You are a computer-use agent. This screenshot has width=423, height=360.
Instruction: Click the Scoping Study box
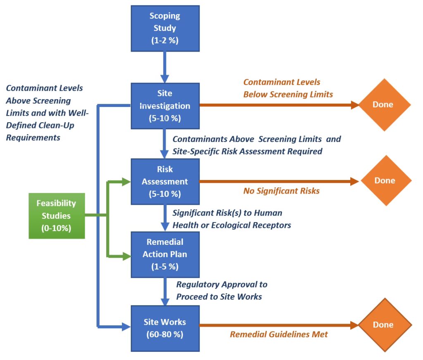click(x=165, y=28)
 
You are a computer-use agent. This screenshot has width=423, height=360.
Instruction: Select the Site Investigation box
click(x=165, y=106)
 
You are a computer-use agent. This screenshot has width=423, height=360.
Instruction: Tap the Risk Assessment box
click(x=165, y=181)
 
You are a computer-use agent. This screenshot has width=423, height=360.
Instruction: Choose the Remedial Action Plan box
click(x=165, y=254)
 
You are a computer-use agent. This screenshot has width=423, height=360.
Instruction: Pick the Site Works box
click(x=165, y=328)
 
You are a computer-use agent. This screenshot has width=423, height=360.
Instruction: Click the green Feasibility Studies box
click(x=57, y=216)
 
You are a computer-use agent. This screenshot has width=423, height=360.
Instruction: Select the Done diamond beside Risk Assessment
click(x=386, y=181)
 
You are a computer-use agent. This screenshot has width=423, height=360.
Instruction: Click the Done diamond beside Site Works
click(x=385, y=325)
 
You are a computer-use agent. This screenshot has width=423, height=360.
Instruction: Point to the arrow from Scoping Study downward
click(x=165, y=66)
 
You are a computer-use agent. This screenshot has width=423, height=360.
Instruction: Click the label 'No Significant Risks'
click(x=281, y=191)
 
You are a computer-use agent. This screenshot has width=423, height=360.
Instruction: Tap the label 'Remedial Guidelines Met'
click(x=279, y=334)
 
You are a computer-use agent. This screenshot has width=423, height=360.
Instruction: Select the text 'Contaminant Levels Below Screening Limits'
click(x=288, y=88)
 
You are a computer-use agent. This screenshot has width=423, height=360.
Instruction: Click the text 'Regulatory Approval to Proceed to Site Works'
click(x=221, y=290)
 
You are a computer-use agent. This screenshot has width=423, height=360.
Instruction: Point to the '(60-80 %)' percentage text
click(x=165, y=334)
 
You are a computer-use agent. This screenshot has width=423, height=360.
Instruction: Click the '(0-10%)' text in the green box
click(x=57, y=228)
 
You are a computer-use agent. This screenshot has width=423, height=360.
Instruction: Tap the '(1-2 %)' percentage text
click(x=165, y=40)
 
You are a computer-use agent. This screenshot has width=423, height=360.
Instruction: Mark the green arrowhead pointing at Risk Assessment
click(x=126, y=181)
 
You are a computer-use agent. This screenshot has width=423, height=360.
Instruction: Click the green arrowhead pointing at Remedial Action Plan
click(x=126, y=256)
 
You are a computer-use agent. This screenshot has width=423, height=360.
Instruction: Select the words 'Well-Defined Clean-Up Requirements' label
click(x=45, y=125)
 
